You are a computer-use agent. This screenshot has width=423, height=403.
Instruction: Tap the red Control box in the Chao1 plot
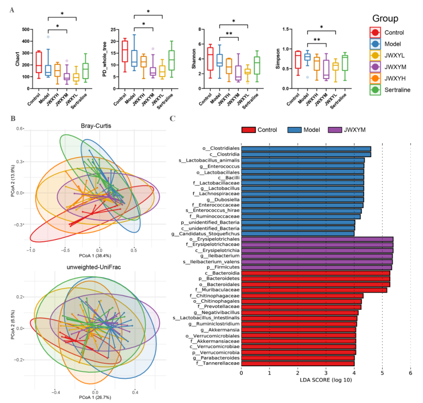(x=38, y=62)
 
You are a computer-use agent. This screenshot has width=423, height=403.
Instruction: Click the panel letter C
(x=173, y=119)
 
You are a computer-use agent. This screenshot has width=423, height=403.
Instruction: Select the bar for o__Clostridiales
(x=306, y=149)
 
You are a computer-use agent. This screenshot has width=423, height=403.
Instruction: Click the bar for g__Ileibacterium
(x=317, y=256)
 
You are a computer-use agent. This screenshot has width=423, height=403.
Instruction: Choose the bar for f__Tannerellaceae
(x=298, y=363)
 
